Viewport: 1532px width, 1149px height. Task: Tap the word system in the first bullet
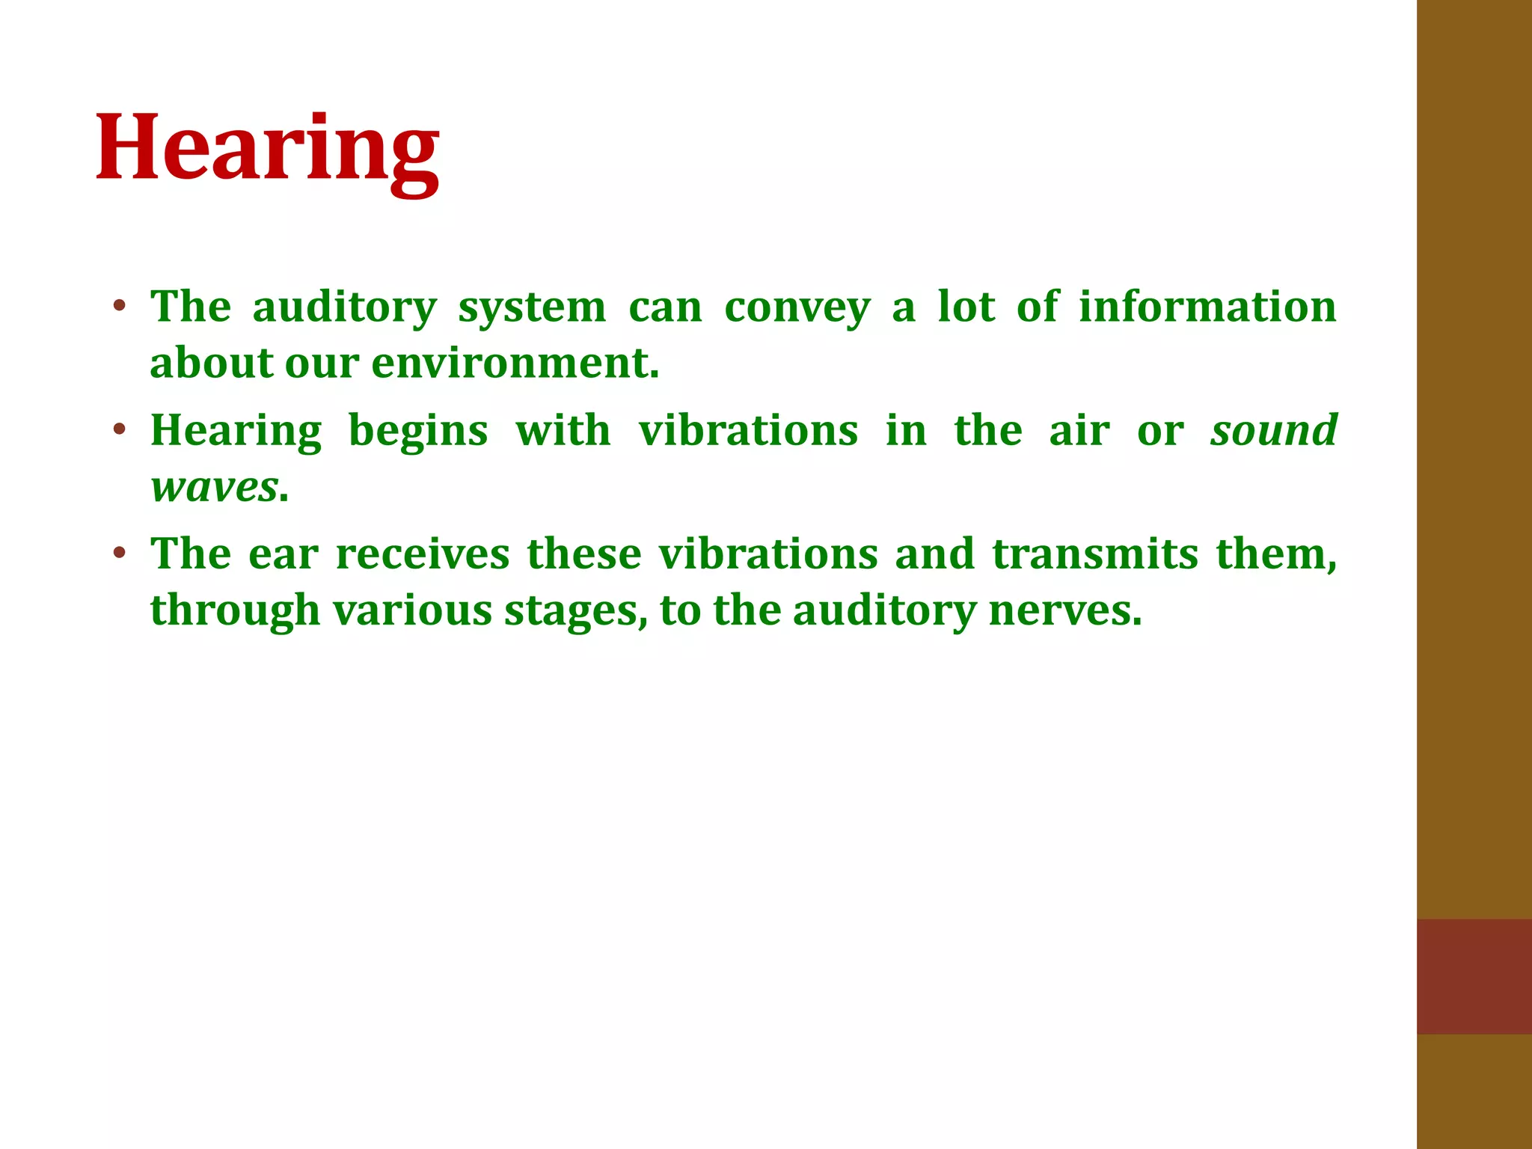(532, 307)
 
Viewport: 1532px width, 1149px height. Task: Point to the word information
(1207, 307)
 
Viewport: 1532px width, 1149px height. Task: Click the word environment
(515, 364)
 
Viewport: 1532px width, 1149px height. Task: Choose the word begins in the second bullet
(418, 432)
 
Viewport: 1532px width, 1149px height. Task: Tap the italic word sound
(1274, 431)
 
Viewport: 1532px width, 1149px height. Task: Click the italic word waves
(215, 488)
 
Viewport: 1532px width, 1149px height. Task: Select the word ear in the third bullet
(284, 554)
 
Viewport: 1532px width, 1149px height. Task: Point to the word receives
(423, 554)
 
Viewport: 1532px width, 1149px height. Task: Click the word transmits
(1095, 554)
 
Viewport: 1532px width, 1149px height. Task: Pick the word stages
(575, 611)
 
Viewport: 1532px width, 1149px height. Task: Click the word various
(412, 610)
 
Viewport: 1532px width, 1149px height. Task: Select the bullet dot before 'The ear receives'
(119, 554)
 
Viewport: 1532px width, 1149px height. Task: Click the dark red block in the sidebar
(1474, 976)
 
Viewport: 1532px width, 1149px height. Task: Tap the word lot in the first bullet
(966, 307)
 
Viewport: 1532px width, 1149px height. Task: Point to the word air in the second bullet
(1079, 431)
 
